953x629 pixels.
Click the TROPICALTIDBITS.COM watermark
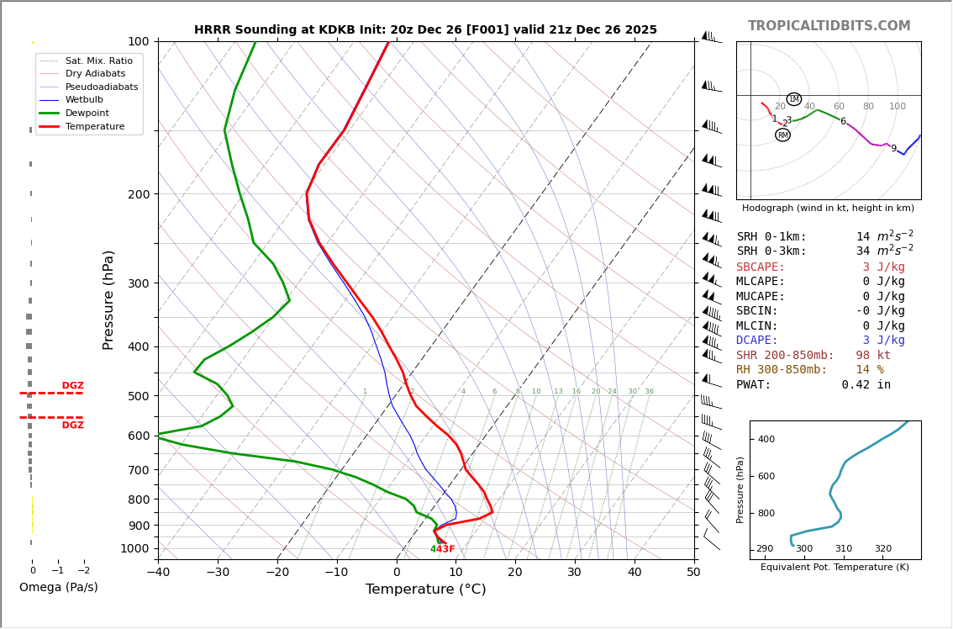tap(829, 26)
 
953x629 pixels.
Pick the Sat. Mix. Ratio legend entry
tap(98, 61)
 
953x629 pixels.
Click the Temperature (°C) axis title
tap(425, 590)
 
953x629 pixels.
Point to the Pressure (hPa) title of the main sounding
tap(109, 299)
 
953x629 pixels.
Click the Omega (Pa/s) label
tap(58, 588)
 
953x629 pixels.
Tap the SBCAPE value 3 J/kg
tap(883, 267)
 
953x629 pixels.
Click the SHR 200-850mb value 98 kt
tap(874, 356)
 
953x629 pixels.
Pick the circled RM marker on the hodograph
tap(782, 135)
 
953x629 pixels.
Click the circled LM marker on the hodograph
tap(793, 99)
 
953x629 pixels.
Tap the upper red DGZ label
tap(72, 386)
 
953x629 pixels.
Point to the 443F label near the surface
tap(442, 550)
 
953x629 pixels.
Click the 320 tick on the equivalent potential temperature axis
tap(882, 549)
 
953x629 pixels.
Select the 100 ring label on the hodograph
tap(898, 107)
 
